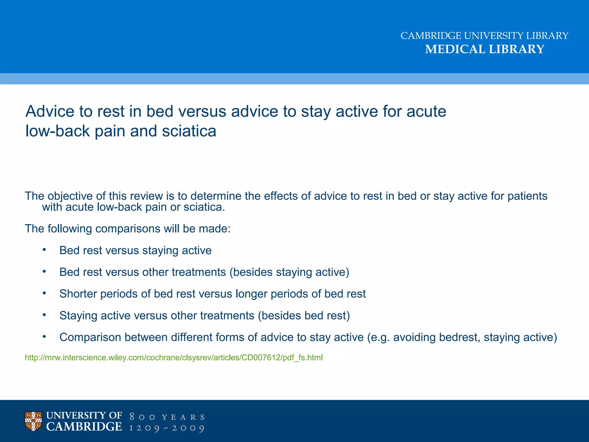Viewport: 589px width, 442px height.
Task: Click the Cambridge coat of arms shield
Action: coord(33,421)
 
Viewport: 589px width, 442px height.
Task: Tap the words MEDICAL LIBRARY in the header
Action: coord(485,49)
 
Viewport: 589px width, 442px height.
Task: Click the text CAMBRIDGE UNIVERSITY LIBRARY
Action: coord(484,36)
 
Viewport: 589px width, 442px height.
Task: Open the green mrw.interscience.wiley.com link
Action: coord(174,358)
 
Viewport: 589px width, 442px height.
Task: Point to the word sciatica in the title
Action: coord(189,131)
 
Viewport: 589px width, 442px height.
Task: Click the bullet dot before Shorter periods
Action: coord(44,293)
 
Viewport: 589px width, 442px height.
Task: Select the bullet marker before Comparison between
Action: coord(44,337)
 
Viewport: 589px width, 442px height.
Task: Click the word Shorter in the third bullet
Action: coord(78,294)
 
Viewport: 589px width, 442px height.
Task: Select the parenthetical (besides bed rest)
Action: coord(304,316)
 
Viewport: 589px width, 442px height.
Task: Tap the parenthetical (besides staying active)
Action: coord(289,272)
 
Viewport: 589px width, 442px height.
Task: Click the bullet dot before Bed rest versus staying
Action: coord(44,250)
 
